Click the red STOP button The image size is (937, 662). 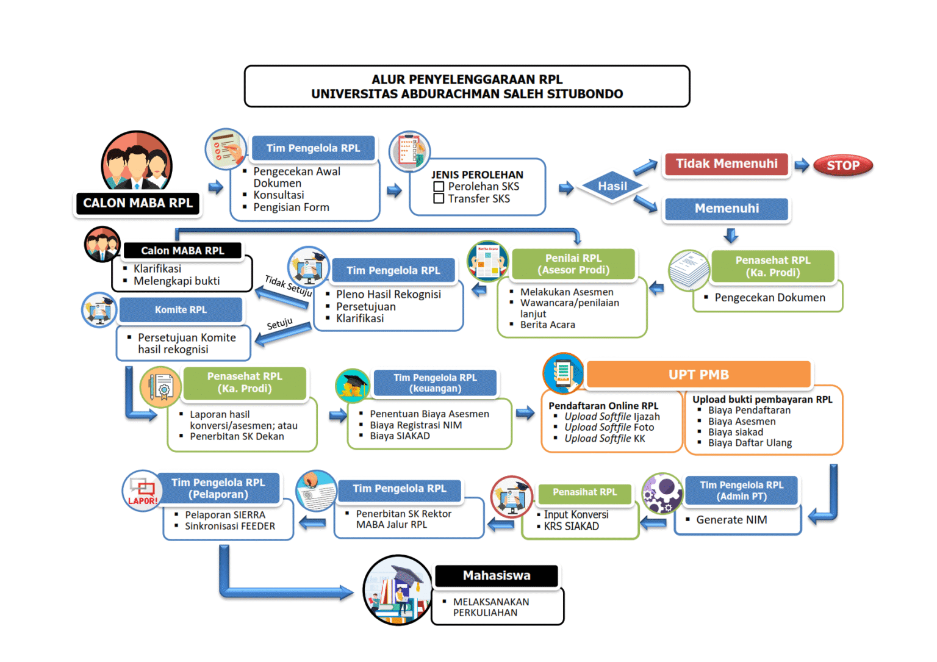[x=843, y=165]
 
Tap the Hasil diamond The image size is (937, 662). [x=612, y=186]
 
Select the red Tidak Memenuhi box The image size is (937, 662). [x=727, y=164]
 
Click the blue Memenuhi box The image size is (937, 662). [x=727, y=209]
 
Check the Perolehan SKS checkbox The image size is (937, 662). [x=439, y=187]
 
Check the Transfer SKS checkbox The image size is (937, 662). [x=439, y=199]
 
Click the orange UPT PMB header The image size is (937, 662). [x=698, y=375]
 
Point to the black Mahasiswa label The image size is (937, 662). [x=497, y=575]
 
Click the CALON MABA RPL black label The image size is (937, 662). [x=138, y=203]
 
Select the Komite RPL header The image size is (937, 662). [x=181, y=310]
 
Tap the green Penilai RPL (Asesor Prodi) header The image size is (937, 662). [x=573, y=264]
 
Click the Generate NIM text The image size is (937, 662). [x=731, y=520]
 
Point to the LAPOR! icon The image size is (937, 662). [x=142, y=491]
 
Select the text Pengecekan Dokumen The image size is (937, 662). [x=770, y=298]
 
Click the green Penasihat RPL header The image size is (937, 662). [x=584, y=492]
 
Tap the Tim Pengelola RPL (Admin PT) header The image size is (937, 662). [x=741, y=491]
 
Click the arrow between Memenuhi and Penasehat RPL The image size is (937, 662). [x=731, y=236]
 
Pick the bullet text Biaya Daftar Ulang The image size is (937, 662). [x=750, y=443]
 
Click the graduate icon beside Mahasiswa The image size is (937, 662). [x=398, y=590]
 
